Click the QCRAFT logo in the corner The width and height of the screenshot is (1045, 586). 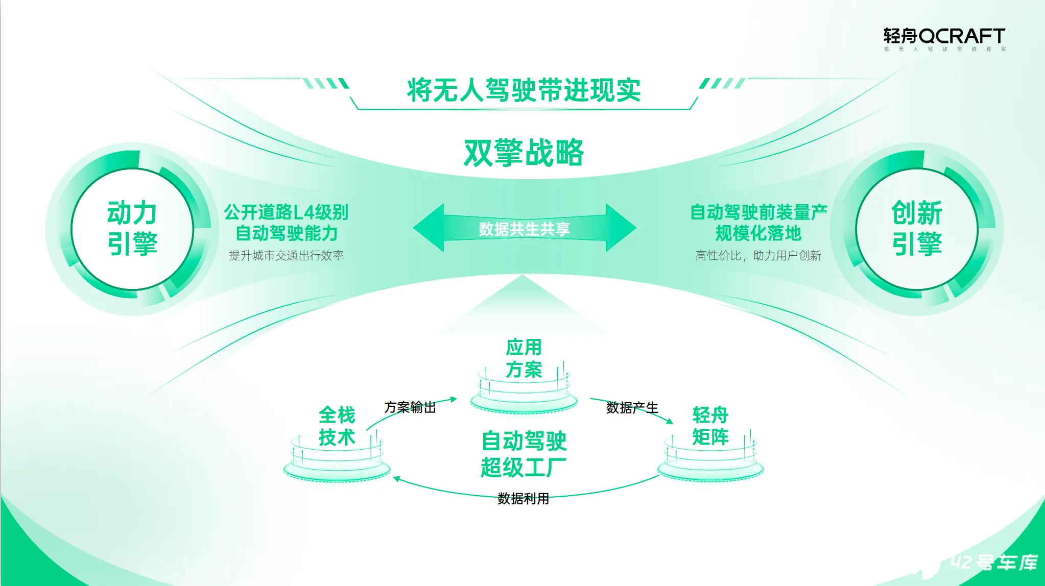tap(944, 39)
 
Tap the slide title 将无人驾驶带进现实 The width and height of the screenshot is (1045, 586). tap(524, 90)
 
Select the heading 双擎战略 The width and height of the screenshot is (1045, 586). tap(524, 152)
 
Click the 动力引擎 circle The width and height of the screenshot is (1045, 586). tap(132, 229)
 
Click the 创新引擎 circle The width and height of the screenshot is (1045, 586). tap(917, 229)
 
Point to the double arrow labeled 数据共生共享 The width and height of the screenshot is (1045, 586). tap(525, 228)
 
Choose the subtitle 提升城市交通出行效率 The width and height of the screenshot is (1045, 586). tap(286, 255)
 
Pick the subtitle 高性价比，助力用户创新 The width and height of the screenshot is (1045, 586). tap(758, 255)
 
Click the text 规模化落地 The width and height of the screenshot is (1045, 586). tap(758, 233)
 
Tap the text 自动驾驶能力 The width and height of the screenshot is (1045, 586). tap(286, 233)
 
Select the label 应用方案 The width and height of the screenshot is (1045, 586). tap(524, 358)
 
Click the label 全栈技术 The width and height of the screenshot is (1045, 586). tap(337, 426)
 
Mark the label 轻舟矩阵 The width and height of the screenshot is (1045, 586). tap(710, 426)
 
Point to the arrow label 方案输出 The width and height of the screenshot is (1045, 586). tap(410, 407)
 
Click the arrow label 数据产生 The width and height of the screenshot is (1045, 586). tap(632, 407)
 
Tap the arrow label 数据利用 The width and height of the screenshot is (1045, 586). tap(523, 498)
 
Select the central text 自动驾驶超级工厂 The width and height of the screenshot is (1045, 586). tap(524, 454)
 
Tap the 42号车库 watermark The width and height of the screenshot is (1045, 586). tap(994, 562)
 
